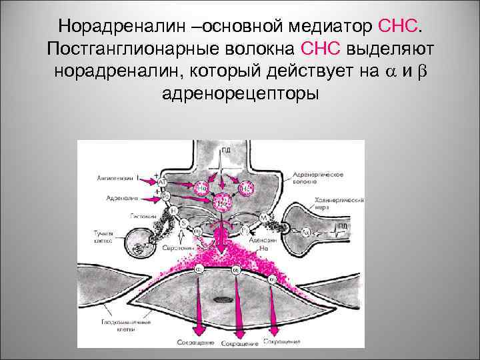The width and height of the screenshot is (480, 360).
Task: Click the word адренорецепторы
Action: point(240,93)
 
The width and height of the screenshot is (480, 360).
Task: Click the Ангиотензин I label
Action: point(115,178)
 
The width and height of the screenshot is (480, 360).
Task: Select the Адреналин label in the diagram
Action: point(120,198)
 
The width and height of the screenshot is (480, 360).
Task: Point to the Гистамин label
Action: point(143,216)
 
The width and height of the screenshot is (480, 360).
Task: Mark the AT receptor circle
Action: point(162,181)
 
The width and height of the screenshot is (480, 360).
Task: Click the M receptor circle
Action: point(265,217)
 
